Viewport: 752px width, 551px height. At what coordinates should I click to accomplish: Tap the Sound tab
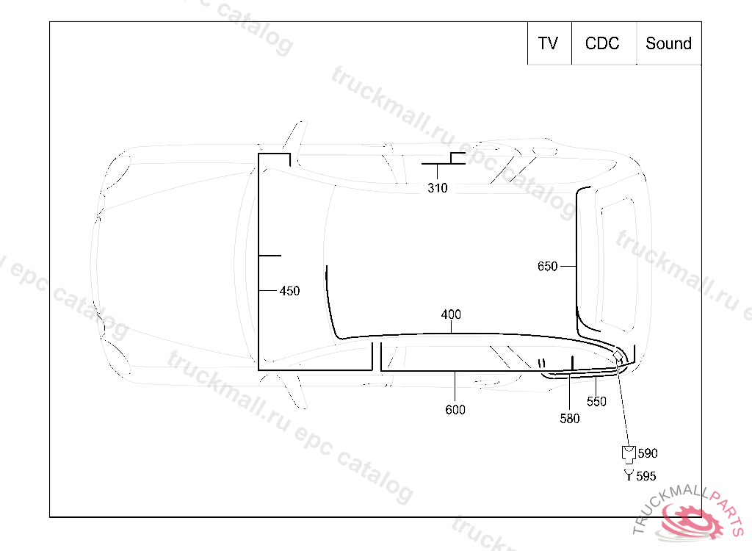tap(668, 43)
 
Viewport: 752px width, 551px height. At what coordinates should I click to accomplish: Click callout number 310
tap(438, 187)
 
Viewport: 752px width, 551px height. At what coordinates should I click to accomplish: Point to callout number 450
tap(289, 291)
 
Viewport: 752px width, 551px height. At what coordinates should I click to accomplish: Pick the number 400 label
tap(451, 314)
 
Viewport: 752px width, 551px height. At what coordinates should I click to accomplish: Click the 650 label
tap(547, 267)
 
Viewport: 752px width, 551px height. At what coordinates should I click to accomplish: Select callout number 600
tap(455, 409)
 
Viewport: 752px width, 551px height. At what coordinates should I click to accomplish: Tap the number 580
tap(570, 419)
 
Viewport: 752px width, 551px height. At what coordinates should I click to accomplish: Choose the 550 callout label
tap(596, 401)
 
